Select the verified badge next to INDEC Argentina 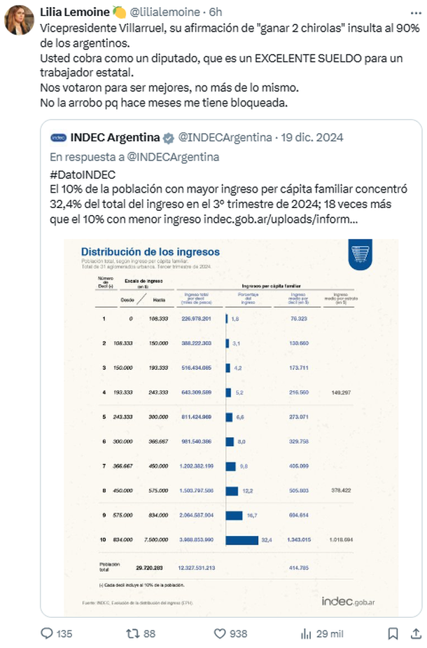[169, 137]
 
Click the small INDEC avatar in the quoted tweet [59, 137]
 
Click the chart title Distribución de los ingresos [150, 251]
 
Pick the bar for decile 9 [234, 515]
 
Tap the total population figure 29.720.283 [149, 566]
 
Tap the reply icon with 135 [48, 633]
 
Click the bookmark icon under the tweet [393, 633]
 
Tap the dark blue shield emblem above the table [361, 255]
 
